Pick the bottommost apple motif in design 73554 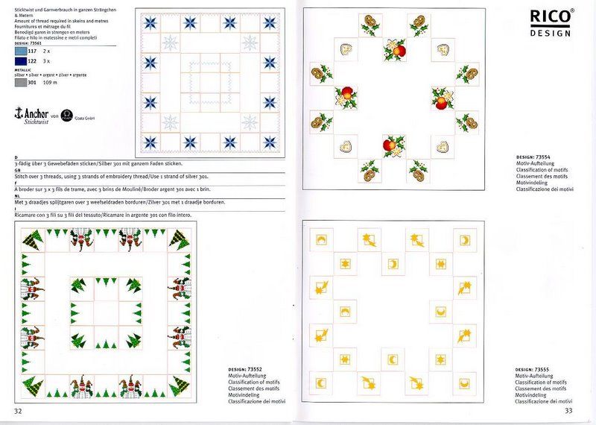click(392, 145)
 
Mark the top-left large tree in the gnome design click(34, 241)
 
